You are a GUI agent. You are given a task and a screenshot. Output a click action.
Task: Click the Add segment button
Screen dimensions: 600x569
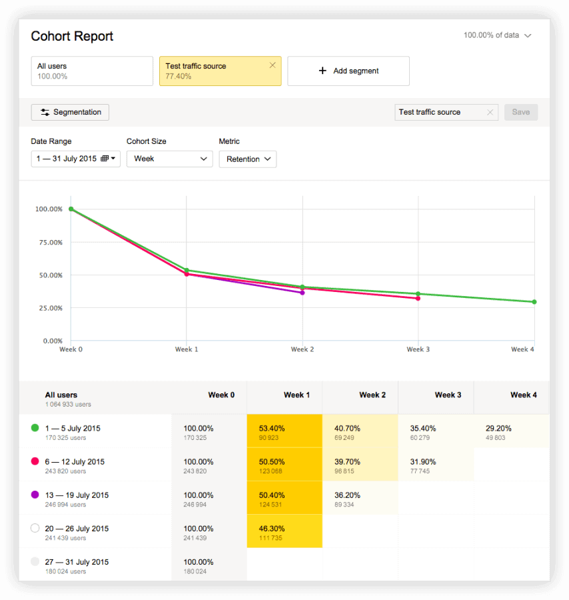tap(348, 71)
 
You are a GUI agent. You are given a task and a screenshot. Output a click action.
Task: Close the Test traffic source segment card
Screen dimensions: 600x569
tap(273, 65)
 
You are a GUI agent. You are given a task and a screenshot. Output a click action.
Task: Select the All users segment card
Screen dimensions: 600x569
tap(92, 71)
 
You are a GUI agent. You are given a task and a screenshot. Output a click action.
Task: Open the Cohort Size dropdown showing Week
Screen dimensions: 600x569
tap(169, 159)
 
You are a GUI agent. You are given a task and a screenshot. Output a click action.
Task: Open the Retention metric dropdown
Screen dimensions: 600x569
tap(248, 159)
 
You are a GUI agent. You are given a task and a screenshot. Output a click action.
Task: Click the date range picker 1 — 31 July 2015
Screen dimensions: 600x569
tap(75, 159)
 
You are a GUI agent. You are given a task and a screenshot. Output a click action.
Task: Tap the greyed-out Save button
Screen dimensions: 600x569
tap(520, 112)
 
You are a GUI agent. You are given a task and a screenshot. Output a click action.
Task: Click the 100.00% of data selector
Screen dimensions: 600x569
tap(497, 35)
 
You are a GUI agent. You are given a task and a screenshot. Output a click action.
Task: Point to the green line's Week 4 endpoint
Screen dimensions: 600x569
tap(534, 302)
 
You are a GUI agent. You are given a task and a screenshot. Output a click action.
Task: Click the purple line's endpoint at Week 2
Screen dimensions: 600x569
tap(302, 293)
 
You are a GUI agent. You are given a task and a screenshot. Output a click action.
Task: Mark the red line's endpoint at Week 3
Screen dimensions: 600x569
tap(418, 298)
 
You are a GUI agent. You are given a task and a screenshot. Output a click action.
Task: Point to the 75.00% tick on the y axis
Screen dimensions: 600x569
tap(49, 243)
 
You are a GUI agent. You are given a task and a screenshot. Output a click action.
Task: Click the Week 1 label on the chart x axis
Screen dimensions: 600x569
tap(187, 349)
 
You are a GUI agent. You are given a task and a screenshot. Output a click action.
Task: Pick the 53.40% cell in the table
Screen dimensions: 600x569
tap(284, 431)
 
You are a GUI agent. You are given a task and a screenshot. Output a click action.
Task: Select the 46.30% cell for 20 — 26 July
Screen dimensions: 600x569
tap(284, 531)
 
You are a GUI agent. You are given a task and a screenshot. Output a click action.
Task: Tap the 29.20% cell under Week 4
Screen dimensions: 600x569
tap(511, 431)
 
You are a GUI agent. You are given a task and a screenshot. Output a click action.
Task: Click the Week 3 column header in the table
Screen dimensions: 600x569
tap(448, 395)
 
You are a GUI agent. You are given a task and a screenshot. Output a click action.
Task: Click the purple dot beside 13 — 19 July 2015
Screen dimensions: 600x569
tap(35, 495)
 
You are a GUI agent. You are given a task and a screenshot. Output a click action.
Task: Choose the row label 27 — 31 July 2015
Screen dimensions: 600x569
tap(77, 562)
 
